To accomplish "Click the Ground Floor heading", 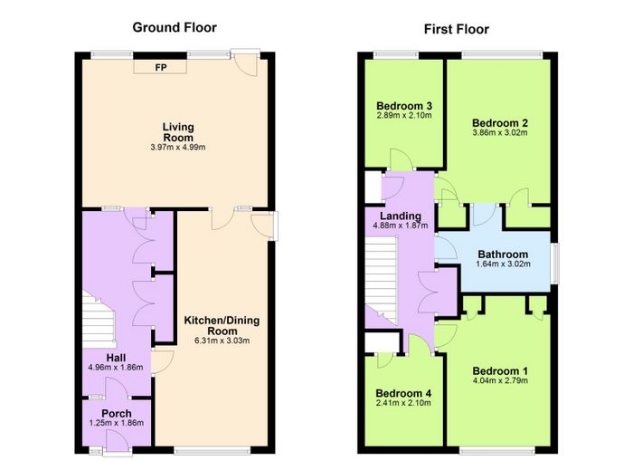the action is (175, 27).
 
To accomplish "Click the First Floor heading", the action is (456, 29).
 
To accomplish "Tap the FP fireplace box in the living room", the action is (161, 67).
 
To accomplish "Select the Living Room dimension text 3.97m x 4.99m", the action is (178, 148).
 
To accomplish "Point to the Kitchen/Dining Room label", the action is (222, 325).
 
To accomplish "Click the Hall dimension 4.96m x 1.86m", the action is (116, 368).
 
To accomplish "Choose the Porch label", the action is (117, 414).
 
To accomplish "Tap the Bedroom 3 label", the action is (404, 106).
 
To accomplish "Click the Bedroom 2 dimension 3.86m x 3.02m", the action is (500, 132).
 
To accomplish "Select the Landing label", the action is (401, 216).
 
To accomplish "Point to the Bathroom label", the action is (503, 255).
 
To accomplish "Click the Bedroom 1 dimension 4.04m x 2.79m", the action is (500, 380).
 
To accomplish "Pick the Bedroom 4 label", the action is (403, 393).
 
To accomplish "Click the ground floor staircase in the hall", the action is (99, 320).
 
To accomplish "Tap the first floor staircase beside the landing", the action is (381, 280).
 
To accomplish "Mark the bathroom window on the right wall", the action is (556, 264).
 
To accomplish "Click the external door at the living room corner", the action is (245, 62).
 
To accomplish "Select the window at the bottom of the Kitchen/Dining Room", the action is (212, 450).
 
